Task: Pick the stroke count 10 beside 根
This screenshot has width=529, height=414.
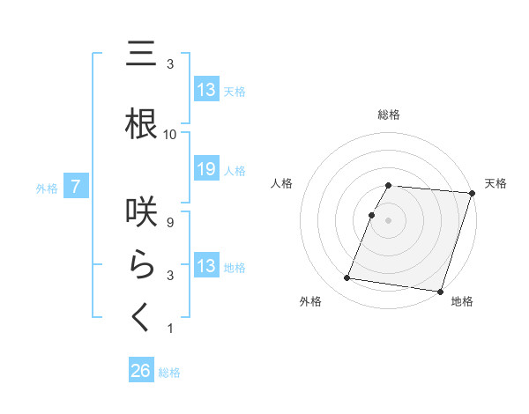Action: pyautogui.click(x=170, y=135)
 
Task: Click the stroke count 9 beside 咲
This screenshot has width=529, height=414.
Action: pyautogui.click(x=170, y=223)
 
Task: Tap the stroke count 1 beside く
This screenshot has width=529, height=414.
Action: pyautogui.click(x=170, y=329)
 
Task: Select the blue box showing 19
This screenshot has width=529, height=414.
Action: pyautogui.click(x=205, y=169)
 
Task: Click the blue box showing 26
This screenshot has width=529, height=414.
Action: pyautogui.click(x=141, y=371)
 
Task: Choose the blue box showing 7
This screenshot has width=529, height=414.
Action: pyautogui.click(x=77, y=186)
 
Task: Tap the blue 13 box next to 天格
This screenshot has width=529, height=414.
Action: pyautogui.click(x=205, y=90)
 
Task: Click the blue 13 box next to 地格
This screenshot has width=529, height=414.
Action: pyautogui.click(x=205, y=266)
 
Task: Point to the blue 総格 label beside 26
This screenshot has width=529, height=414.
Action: pyautogui.click(x=169, y=373)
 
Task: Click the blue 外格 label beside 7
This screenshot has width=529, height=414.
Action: pyautogui.click(x=46, y=188)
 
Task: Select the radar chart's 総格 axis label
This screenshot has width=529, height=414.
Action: pyautogui.click(x=388, y=115)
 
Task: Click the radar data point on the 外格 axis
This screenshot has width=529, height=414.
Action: pyautogui.click(x=347, y=278)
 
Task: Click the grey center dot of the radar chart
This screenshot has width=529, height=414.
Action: pyautogui.click(x=388, y=220)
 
